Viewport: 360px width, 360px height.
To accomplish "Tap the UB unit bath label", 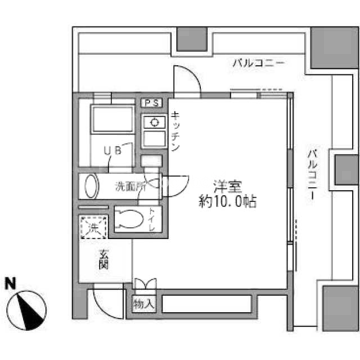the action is [x=112, y=151].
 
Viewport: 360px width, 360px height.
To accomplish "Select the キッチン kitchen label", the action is [x=175, y=131].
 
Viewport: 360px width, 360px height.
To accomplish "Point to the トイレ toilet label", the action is [x=151, y=219].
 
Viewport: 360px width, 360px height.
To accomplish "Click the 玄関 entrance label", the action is [x=103, y=259].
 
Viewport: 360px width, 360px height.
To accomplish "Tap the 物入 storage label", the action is [x=144, y=304].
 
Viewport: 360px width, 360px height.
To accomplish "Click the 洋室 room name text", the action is [x=227, y=186].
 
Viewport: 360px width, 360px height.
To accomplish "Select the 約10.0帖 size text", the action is [x=227, y=201].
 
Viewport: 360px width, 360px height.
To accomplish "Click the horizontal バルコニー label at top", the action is [x=259, y=63].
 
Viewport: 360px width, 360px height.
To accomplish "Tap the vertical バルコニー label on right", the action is [x=312, y=175].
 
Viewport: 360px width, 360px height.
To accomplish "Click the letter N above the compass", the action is [x=10, y=283].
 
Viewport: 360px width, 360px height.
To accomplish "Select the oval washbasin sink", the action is [x=92, y=186].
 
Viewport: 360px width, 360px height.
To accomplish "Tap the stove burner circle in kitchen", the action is [x=154, y=123].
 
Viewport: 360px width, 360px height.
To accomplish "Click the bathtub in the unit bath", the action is [x=112, y=119].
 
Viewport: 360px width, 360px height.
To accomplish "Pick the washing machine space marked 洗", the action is [x=93, y=227].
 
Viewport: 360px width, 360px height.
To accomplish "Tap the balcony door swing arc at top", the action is [x=192, y=73].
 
